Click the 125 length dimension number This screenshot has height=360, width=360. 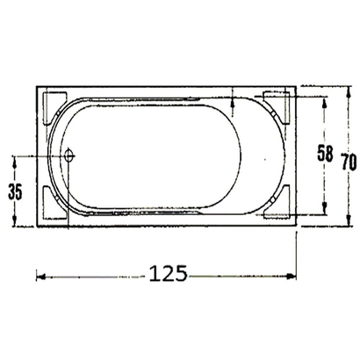[167, 273]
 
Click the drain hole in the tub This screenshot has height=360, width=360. [70, 156]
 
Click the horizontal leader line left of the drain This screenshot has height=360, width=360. [40, 156]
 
